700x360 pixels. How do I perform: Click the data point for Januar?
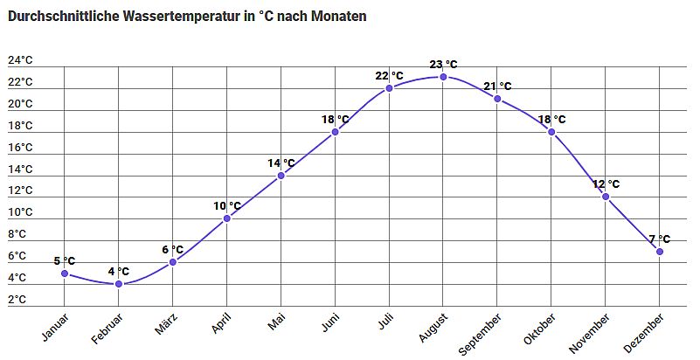(65, 273)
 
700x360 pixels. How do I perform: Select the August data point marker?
(443, 77)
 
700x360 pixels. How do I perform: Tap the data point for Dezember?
(660, 252)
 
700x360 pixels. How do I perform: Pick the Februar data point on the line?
(119, 284)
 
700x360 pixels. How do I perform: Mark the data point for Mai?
(281, 176)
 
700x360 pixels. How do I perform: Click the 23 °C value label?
(443, 64)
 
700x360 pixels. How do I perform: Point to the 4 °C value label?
(119, 271)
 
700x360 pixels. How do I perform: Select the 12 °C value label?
(606, 183)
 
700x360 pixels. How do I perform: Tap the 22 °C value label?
(389, 75)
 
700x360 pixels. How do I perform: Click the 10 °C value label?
(226, 206)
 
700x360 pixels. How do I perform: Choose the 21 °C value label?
(497, 86)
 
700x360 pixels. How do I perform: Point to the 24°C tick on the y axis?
(20, 60)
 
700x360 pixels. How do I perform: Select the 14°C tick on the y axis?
(20, 170)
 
